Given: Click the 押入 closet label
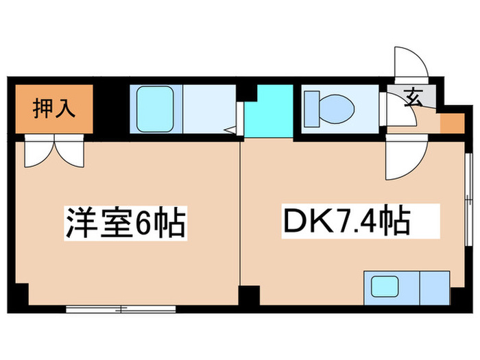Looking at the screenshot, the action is (x=54, y=108).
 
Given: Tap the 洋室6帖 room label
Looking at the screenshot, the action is (x=125, y=223).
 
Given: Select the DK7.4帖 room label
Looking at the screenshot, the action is (x=347, y=221).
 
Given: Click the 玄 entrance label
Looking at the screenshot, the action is (x=413, y=97).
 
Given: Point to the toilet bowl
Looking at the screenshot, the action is (x=337, y=109).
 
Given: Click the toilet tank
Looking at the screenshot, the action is (x=312, y=108).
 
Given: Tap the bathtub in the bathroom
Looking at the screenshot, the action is (x=155, y=109).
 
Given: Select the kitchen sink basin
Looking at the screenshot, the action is (x=385, y=286).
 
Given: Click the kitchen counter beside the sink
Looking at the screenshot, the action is (x=435, y=288).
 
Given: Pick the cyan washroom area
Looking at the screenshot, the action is (x=269, y=111).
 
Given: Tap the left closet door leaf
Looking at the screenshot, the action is (x=40, y=152).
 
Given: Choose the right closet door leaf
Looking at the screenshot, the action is (x=69, y=152).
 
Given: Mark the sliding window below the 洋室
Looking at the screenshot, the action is (x=121, y=309).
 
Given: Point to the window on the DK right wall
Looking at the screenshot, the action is (x=468, y=200).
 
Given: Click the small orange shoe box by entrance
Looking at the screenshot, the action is (x=452, y=123).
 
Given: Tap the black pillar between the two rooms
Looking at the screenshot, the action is (x=249, y=296).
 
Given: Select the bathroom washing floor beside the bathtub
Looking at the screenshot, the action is (x=209, y=109).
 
